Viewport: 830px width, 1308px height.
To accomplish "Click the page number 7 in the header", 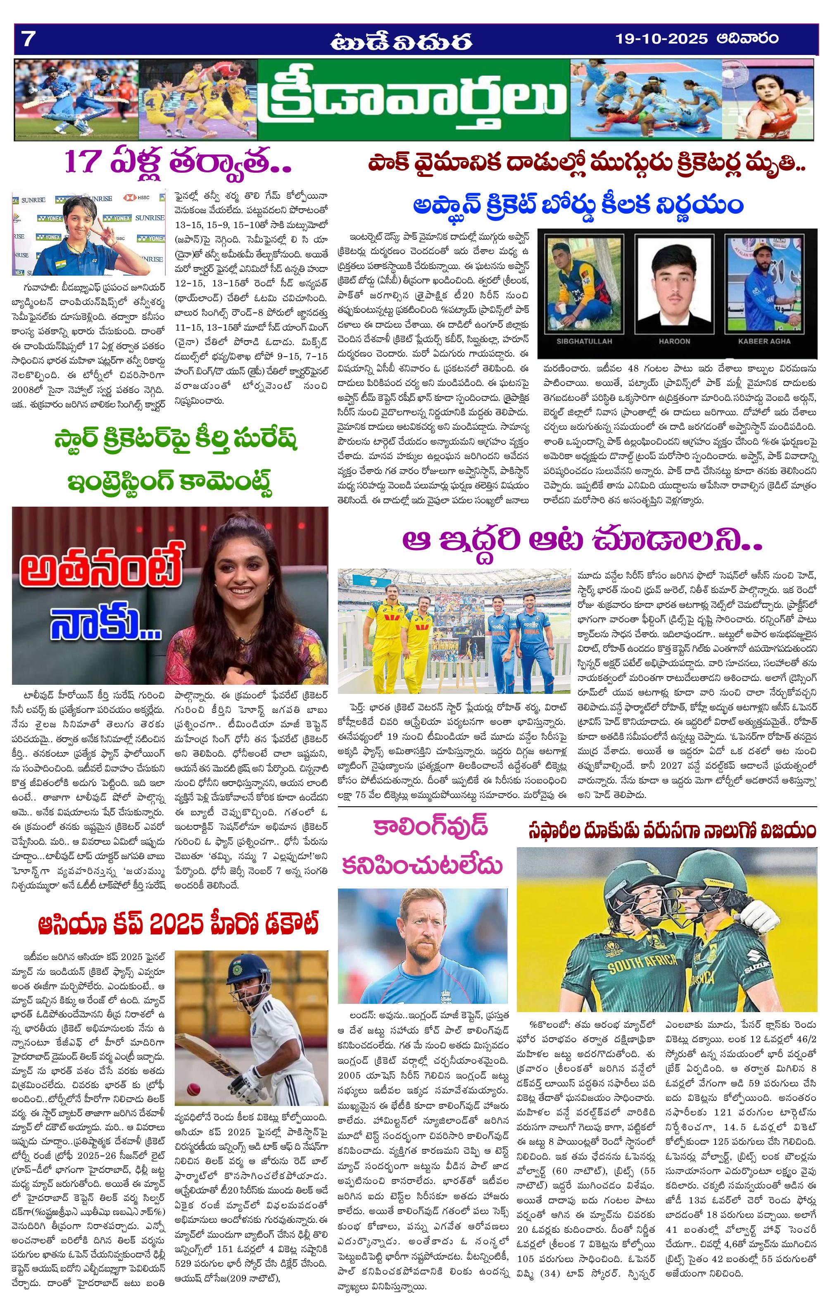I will pos(28,39).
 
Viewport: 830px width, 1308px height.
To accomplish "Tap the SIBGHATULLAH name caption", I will pos(584,341).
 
